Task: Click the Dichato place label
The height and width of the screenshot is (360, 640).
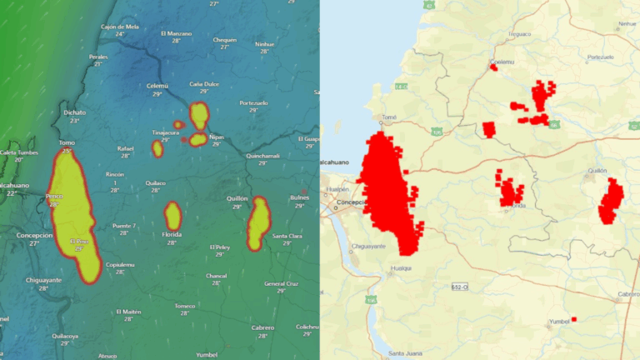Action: point(74,111)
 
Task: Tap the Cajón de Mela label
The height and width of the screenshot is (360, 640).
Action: point(120,27)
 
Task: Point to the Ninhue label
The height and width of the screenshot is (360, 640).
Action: point(264,43)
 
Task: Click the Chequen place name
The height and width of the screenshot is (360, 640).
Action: point(225,39)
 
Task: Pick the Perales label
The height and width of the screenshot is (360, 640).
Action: point(98,57)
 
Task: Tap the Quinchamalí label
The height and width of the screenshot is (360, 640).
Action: point(262,156)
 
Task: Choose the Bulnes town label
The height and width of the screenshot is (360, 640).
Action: point(299,197)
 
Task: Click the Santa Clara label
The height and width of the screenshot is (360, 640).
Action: point(287,236)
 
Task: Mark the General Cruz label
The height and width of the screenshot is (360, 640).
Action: point(280,283)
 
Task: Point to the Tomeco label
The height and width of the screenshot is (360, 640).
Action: point(185,306)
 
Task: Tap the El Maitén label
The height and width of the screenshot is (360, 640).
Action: point(128,312)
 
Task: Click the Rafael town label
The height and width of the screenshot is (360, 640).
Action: point(126,148)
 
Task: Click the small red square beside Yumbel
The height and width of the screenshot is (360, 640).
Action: point(573,319)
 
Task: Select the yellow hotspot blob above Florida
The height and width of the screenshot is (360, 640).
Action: point(172,216)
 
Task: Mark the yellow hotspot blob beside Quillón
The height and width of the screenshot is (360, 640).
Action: point(258,222)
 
